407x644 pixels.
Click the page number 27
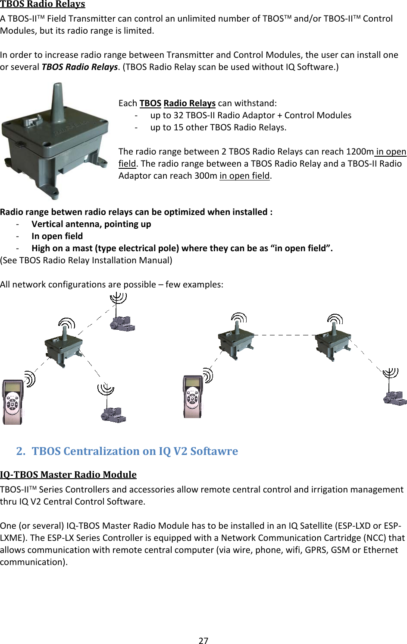pyautogui.click(x=203, y=641)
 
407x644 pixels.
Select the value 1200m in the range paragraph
pyautogui.click(x=360, y=152)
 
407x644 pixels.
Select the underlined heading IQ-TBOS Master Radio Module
pyautogui.click(x=68, y=475)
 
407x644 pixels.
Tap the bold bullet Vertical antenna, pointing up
pyautogui.click(x=91, y=224)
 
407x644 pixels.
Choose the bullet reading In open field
pyautogui.click(x=57, y=236)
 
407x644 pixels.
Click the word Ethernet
pyautogui.click(x=380, y=550)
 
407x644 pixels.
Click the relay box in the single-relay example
pyautogui.click(x=63, y=347)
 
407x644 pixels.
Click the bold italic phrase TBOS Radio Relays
pyautogui.click(x=79, y=67)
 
